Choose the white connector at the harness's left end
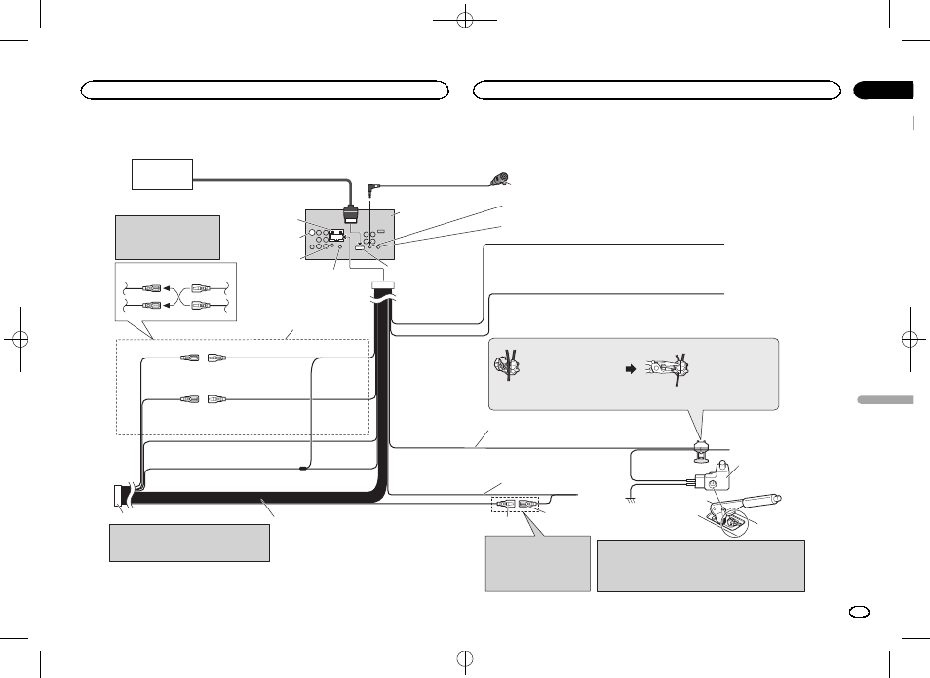pos(120,496)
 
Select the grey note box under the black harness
pos(189,543)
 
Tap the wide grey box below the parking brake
pos(700,566)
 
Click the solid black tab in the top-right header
pos(884,91)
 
